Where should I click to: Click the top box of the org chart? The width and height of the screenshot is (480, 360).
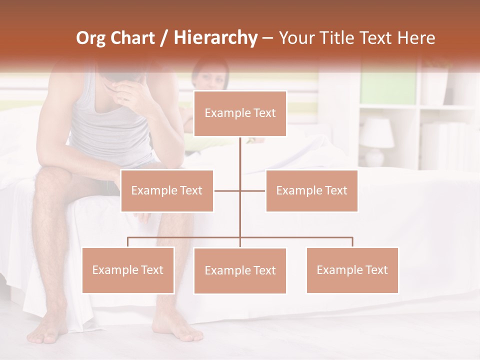240,113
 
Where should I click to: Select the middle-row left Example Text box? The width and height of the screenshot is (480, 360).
167,190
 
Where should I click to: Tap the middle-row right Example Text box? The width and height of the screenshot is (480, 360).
311,190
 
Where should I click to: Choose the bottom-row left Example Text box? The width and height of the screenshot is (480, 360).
128,270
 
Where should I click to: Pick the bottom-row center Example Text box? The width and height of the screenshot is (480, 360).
240,271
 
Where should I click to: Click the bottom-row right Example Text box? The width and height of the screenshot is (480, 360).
352,270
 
